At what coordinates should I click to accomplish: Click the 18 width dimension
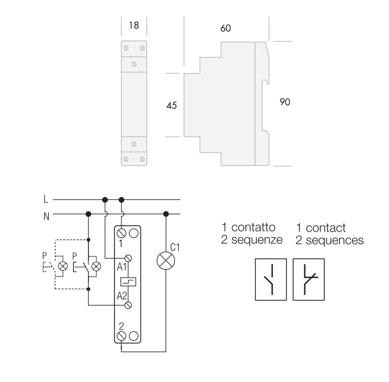(x=134, y=25)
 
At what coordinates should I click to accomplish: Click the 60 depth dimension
(x=226, y=28)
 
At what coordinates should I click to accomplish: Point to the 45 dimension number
(x=171, y=105)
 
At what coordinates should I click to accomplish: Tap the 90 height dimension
(x=285, y=102)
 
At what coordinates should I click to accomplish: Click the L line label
(x=46, y=199)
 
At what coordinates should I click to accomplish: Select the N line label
(x=47, y=217)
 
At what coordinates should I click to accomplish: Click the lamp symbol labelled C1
(x=166, y=261)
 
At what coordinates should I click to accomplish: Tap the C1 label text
(x=175, y=247)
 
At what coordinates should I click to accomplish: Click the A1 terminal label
(x=122, y=267)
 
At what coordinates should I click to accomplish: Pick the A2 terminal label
(x=122, y=296)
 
